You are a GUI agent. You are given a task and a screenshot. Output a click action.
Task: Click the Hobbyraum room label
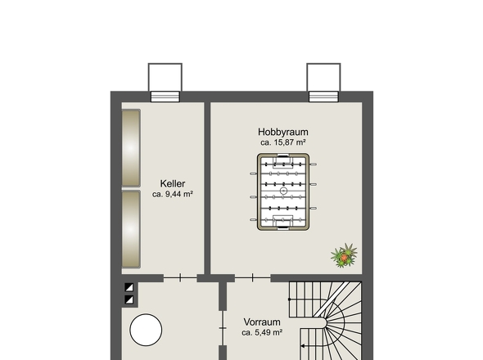point(283,132)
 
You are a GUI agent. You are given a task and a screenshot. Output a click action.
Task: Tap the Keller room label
point(173,184)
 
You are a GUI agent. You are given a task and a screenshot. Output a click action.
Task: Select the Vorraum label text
point(262,322)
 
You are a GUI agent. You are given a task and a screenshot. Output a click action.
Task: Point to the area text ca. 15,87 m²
point(283,142)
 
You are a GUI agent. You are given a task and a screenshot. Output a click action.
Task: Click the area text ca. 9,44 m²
point(173,195)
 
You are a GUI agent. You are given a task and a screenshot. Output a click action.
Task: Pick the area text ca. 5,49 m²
point(262,333)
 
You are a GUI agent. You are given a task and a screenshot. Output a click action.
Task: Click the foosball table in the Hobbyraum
point(283,191)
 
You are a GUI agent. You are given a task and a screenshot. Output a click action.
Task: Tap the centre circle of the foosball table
point(283,191)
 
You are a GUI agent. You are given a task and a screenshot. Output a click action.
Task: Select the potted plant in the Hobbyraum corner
point(344,255)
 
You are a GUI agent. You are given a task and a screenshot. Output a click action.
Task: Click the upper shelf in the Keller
point(131,148)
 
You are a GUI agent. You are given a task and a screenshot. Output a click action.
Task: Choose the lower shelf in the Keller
point(131,229)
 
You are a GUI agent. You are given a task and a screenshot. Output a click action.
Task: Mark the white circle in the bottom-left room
point(146,330)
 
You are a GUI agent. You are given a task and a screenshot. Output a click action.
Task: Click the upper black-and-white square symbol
point(129,287)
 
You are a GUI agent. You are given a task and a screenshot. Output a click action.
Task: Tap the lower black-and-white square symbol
point(129,299)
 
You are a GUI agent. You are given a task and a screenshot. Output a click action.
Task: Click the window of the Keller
point(165,97)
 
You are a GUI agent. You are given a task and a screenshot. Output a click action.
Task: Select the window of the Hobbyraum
point(323,97)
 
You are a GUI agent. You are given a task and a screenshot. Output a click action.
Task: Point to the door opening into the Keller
point(180,278)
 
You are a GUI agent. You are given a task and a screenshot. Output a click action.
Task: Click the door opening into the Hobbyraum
point(253,278)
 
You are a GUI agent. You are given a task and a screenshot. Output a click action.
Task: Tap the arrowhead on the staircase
point(303,346)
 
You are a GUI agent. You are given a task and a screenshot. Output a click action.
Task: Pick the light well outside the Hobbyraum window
point(323,78)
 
